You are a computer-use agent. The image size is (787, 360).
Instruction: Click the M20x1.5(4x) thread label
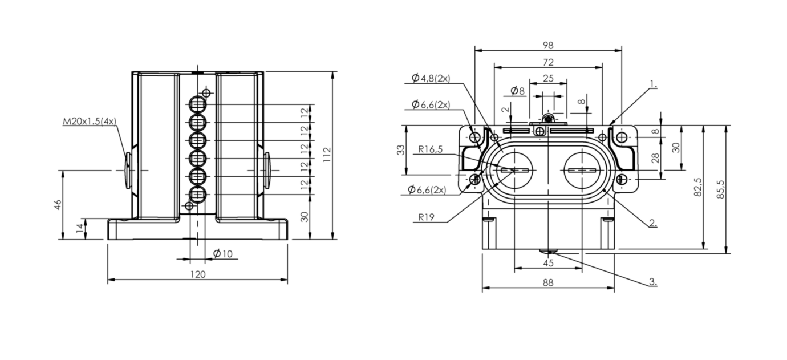pos(89,122)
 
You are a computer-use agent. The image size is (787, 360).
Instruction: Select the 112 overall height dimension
pos(327,155)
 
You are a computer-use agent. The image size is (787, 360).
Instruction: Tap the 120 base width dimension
pos(198,274)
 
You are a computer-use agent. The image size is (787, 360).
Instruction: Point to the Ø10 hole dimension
pos(223,253)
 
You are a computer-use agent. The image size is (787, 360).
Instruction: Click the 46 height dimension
pos(58,205)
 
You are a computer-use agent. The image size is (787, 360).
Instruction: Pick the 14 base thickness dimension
pos(80,228)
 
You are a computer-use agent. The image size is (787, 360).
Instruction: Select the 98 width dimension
pos(548,45)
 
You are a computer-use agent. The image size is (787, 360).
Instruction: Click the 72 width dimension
pos(548,62)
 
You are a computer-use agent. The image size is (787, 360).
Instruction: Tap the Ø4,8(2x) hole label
pos(431,78)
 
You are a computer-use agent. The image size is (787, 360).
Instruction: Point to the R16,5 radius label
pos(431,149)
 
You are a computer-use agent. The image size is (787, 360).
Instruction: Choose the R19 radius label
pos(426,217)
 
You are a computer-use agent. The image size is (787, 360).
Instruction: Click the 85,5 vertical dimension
pos(720,189)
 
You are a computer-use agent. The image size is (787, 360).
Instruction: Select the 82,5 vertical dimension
pos(698,187)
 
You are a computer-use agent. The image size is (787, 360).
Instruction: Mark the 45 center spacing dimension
pos(548,263)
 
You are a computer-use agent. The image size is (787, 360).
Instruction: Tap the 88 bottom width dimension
pos(548,282)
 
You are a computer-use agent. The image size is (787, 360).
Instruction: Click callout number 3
pos(653,282)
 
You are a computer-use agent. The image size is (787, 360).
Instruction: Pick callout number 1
pos(653,84)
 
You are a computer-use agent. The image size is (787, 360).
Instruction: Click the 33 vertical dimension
pos(400,150)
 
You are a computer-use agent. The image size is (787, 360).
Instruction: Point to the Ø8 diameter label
pos(517,91)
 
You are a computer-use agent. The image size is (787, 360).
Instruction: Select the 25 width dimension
pos(548,78)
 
